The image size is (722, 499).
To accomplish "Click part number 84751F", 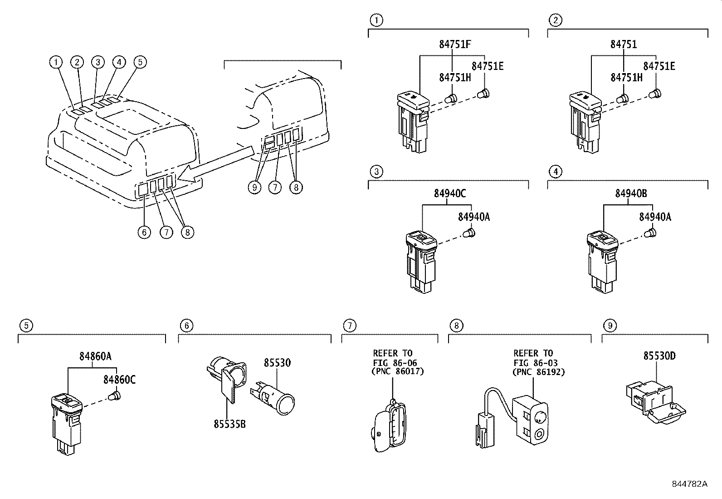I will click(x=455, y=44).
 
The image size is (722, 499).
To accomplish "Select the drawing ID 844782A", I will click(x=689, y=484).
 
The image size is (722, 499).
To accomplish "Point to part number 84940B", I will click(x=631, y=194).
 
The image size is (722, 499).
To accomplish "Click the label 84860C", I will click(x=119, y=380).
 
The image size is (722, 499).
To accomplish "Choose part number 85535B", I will click(x=229, y=424).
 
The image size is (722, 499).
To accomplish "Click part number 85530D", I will click(x=659, y=356).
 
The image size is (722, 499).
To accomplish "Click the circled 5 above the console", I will click(x=140, y=62).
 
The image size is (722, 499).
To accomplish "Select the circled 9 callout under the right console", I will click(x=254, y=187).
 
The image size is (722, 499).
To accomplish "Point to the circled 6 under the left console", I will click(x=144, y=232).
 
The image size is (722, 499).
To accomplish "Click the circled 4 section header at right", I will click(x=555, y=172).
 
